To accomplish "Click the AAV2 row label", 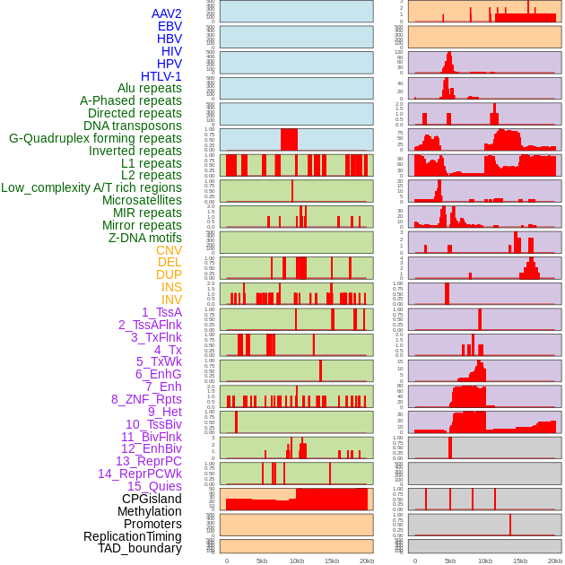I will tap(167, 13).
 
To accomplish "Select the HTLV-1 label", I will tap(161, 76).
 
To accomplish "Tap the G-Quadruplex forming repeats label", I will tap(95, 138).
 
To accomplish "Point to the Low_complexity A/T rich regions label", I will tap(91, 187).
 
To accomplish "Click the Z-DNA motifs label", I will tap(145, 238).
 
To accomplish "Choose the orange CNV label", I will tap(169, 250).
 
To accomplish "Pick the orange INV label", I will tap(171, 300).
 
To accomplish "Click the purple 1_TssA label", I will tap(161, 312).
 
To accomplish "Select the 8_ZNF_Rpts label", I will tap(146, 399).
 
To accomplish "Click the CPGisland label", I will tap(152, 499).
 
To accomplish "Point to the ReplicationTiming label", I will tap(133, 536).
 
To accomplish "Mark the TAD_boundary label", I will tap(140, 548).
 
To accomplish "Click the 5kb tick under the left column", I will tap(262, 561).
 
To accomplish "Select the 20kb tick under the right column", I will tap(555, 561).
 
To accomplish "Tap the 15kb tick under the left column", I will tap(332, 561).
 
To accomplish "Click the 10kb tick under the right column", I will tap(485, 561).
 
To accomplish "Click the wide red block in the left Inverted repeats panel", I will tap(289, 140).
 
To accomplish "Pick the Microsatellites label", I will tap(142, 200).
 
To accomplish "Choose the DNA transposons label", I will tap(133, 126).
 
